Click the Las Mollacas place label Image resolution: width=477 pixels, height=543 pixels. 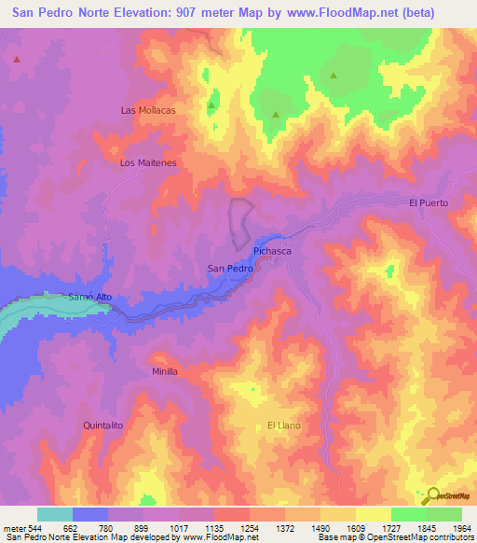(148, 110)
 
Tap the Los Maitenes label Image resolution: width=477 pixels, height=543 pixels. (148, 162)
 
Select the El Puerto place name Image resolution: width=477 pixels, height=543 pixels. (429, 202)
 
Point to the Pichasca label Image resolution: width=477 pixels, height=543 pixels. (273, 252)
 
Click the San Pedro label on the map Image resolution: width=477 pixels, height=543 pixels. (229, 269)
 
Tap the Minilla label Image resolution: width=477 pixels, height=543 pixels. (164, 370)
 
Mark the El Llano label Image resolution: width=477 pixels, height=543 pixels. (283, 425)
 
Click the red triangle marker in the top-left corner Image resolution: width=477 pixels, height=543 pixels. (17, 59)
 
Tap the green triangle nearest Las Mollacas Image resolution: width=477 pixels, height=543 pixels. (211, 104)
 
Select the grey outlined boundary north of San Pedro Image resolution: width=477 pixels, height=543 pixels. (240, 224)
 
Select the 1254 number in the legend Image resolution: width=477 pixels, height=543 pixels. (249, 527)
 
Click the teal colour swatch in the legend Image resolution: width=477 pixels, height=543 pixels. (55, 514)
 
